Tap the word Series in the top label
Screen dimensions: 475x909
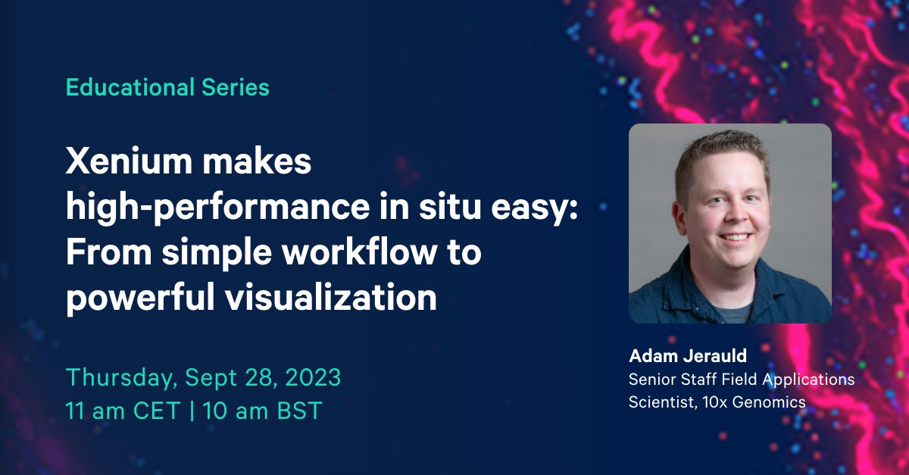coord(236,88)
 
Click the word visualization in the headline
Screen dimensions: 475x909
coord(333,298)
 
